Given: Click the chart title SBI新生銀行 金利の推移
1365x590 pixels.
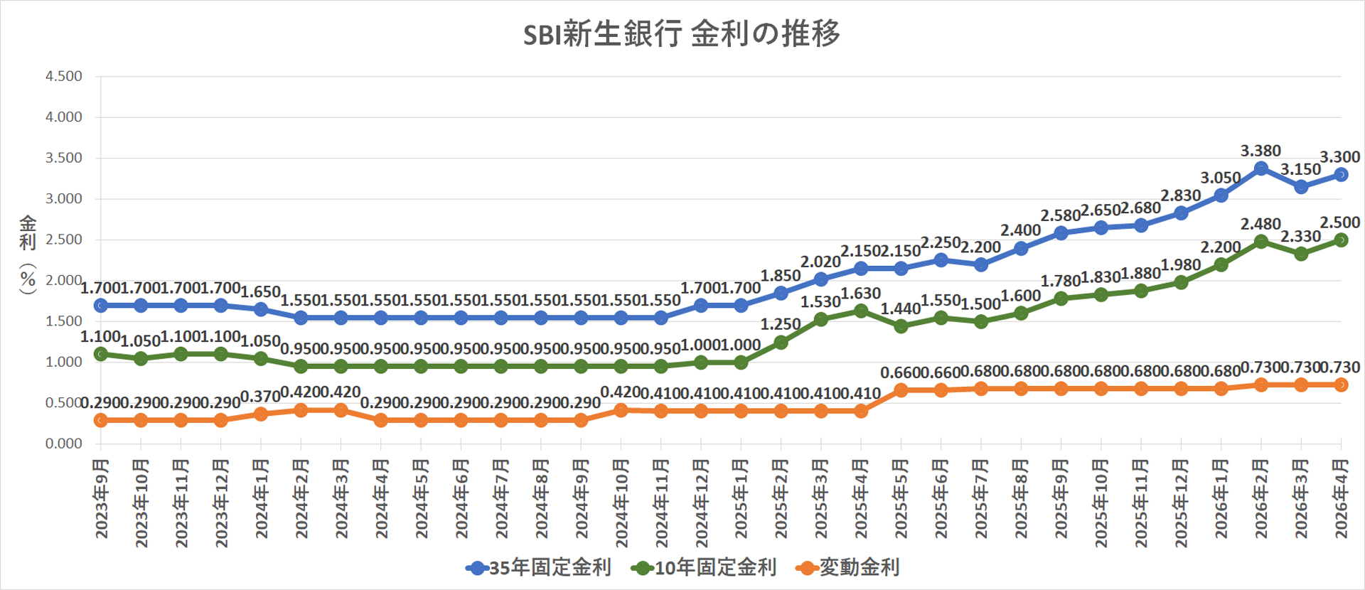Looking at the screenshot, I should (681, 33).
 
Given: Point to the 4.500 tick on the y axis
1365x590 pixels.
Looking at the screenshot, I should (64, 76).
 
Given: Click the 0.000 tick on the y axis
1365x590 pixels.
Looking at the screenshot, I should (64, 444).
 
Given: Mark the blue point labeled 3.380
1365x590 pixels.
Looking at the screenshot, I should (1261, 168).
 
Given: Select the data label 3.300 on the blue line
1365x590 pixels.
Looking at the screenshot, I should (1339, 157).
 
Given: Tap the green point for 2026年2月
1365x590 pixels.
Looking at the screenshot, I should (1261, 242).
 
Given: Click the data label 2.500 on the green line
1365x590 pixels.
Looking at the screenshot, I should (1339, 222).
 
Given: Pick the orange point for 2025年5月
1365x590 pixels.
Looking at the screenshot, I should (901, 390).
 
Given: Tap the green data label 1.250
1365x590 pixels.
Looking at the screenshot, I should (781, 324).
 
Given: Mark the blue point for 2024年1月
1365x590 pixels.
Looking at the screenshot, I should (261, 310).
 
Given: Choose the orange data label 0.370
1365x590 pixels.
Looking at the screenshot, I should (260, 397).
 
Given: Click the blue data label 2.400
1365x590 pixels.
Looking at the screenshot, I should (1020, 230).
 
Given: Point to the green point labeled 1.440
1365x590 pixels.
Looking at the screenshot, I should (901, 326).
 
